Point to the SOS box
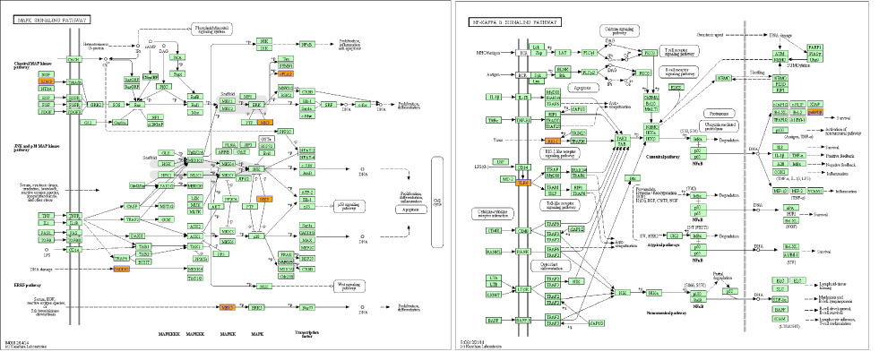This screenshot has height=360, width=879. (x=116, y=105)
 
